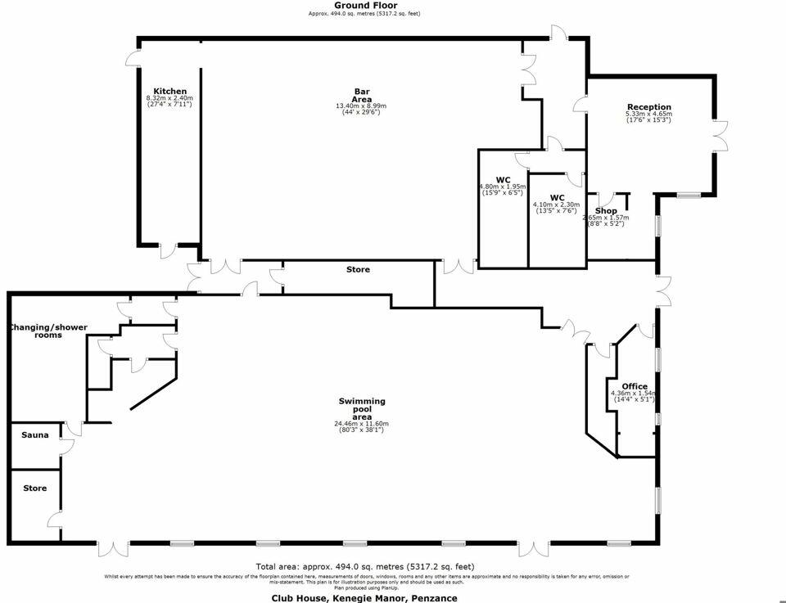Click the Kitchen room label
[170, 91]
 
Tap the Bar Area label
[362, 95]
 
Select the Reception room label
[648, 107]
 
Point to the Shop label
[605, 211]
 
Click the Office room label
[635, 386]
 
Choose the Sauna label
[34, 435]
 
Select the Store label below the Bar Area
[358, 269]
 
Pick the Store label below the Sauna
[34, 488]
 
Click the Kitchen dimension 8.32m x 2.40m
[169, 101]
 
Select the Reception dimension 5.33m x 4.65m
[648, 118]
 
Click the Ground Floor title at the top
[364, 6]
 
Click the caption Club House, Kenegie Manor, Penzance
[364, 598]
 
